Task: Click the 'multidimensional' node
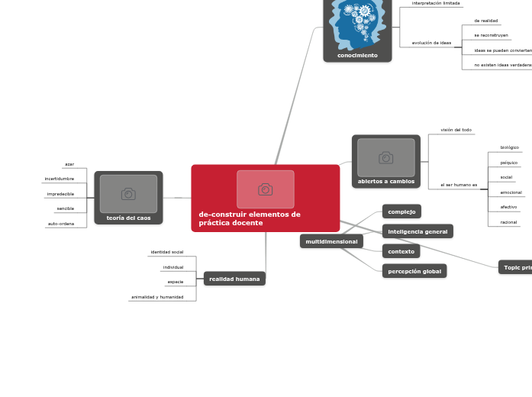point(331,241)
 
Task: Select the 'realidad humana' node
point(234,279)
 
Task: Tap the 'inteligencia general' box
point(418,231)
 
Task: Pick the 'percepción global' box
point(414,271)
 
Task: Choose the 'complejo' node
point(401,211)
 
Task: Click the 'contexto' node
point(401,251)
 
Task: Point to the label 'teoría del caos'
point(128,218)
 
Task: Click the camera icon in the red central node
point(265,189)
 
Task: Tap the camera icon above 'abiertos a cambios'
point(385,158)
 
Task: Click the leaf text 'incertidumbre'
point(60,179)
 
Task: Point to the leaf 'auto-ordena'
point(61,224)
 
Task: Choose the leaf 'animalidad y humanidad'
point(157,297)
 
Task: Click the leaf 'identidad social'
point(166,252)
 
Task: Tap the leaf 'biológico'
point(509,147)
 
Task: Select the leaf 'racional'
point(508,222)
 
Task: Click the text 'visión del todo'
point(456,130)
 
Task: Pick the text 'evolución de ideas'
point(431,43)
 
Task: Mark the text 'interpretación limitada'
point(436,3)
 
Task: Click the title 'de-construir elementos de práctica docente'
point(250,218)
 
